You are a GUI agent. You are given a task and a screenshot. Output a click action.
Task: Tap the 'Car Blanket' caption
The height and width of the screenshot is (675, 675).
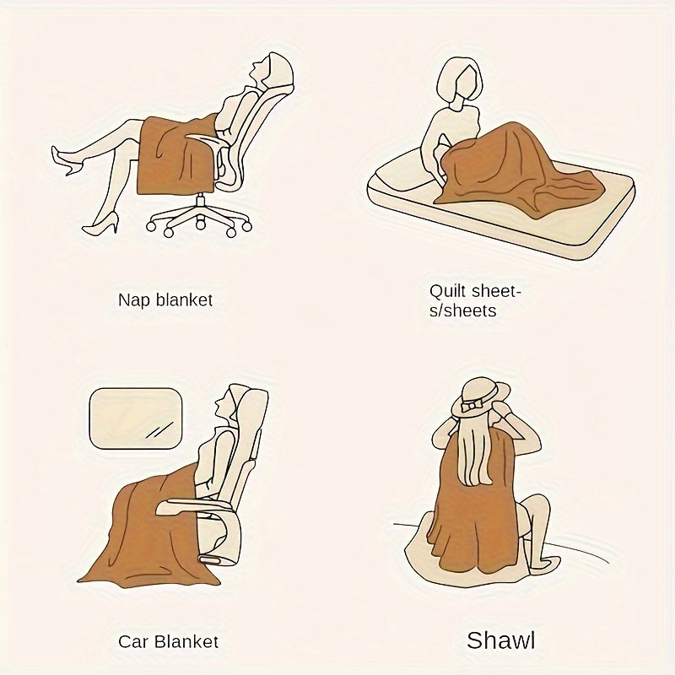click(169, 641)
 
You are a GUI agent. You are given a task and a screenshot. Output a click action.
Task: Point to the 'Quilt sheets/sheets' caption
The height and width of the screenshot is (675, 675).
click(476, 300)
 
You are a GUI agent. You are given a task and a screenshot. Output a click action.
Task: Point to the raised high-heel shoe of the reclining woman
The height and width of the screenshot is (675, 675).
click(63, 159)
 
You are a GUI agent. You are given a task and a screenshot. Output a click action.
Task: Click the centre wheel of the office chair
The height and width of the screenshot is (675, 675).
click(201, 224)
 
